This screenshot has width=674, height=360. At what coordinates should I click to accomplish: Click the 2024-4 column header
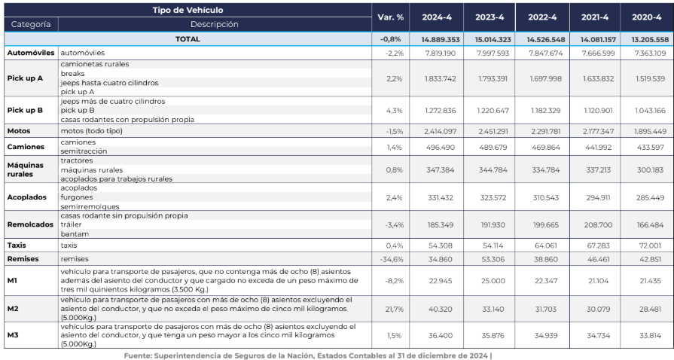[x=436, y=17]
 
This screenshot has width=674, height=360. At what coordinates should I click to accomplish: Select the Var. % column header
[x=390, y=17]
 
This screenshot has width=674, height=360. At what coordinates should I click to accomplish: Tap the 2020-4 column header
[x=646, y=17]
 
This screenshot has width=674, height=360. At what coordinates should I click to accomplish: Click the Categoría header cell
[x=31, y=25]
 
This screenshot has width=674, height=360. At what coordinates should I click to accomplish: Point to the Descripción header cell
[x=215, y=25]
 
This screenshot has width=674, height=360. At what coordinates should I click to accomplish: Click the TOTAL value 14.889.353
[x=440, y=40]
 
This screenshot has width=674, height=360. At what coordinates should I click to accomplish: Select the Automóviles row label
[x=31, y=53]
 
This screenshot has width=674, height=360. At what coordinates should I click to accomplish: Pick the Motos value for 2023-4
[x=493, y=131]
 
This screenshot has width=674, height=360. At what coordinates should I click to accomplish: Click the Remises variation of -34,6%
[x=392, y=259]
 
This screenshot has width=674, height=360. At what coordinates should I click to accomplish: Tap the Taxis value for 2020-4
[x=650, y=246]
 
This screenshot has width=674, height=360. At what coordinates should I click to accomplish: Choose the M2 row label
[x=13, y=309]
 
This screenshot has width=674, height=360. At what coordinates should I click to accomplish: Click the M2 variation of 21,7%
[x=394, y=310]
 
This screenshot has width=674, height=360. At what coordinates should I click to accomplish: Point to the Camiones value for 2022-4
[x=546, y=147]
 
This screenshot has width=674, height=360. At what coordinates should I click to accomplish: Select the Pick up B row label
[x=25, y=110]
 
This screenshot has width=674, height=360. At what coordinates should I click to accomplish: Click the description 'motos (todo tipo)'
[x=92, y=131]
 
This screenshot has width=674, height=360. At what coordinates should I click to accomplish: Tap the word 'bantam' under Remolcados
[x=75, y=234]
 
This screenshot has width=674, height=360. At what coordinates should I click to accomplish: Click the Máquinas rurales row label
[x=26, y=169]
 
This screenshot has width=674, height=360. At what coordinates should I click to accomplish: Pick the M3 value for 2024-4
[x=440, y=335]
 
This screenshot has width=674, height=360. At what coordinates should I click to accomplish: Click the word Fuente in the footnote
[x=138, y=355]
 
